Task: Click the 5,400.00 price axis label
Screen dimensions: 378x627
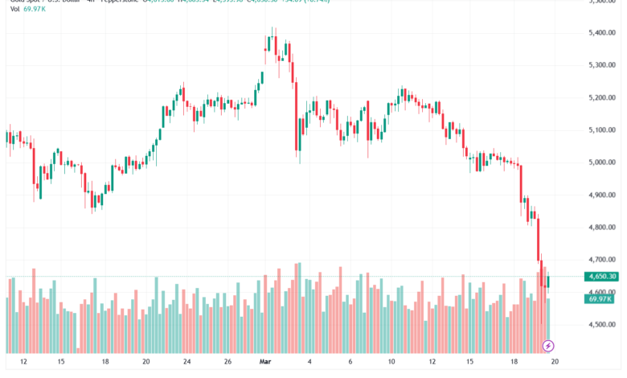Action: click(x=603, y=33)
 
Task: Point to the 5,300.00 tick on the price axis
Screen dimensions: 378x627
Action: click(x=603, y=65)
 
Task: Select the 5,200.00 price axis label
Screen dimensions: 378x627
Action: click(x=603, y=97)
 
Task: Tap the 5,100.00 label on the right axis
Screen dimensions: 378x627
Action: click(x=603, y=130)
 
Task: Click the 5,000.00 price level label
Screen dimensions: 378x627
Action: click(x=603, y=162)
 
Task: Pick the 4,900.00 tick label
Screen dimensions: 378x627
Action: click(x=603, y=195)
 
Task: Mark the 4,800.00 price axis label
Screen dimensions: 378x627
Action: click(x=603, y=228)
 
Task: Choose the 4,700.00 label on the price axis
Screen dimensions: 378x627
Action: click(x=603, y=260)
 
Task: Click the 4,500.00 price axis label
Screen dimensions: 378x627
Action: click(x=603, y=325)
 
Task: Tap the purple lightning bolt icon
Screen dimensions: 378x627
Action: click(x=549, y=346)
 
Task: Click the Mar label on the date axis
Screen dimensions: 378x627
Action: click(x=266, y=362)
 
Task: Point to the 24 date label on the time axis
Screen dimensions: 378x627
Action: click(x=186, y=362)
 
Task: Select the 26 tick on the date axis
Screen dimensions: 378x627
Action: click(x=227, y=362)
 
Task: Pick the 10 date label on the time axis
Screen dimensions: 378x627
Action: click(x=391, y=362)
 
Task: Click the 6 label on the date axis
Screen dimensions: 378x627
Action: click(x=350, y=362)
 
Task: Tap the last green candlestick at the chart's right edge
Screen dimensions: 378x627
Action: click(x=548, y=281)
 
